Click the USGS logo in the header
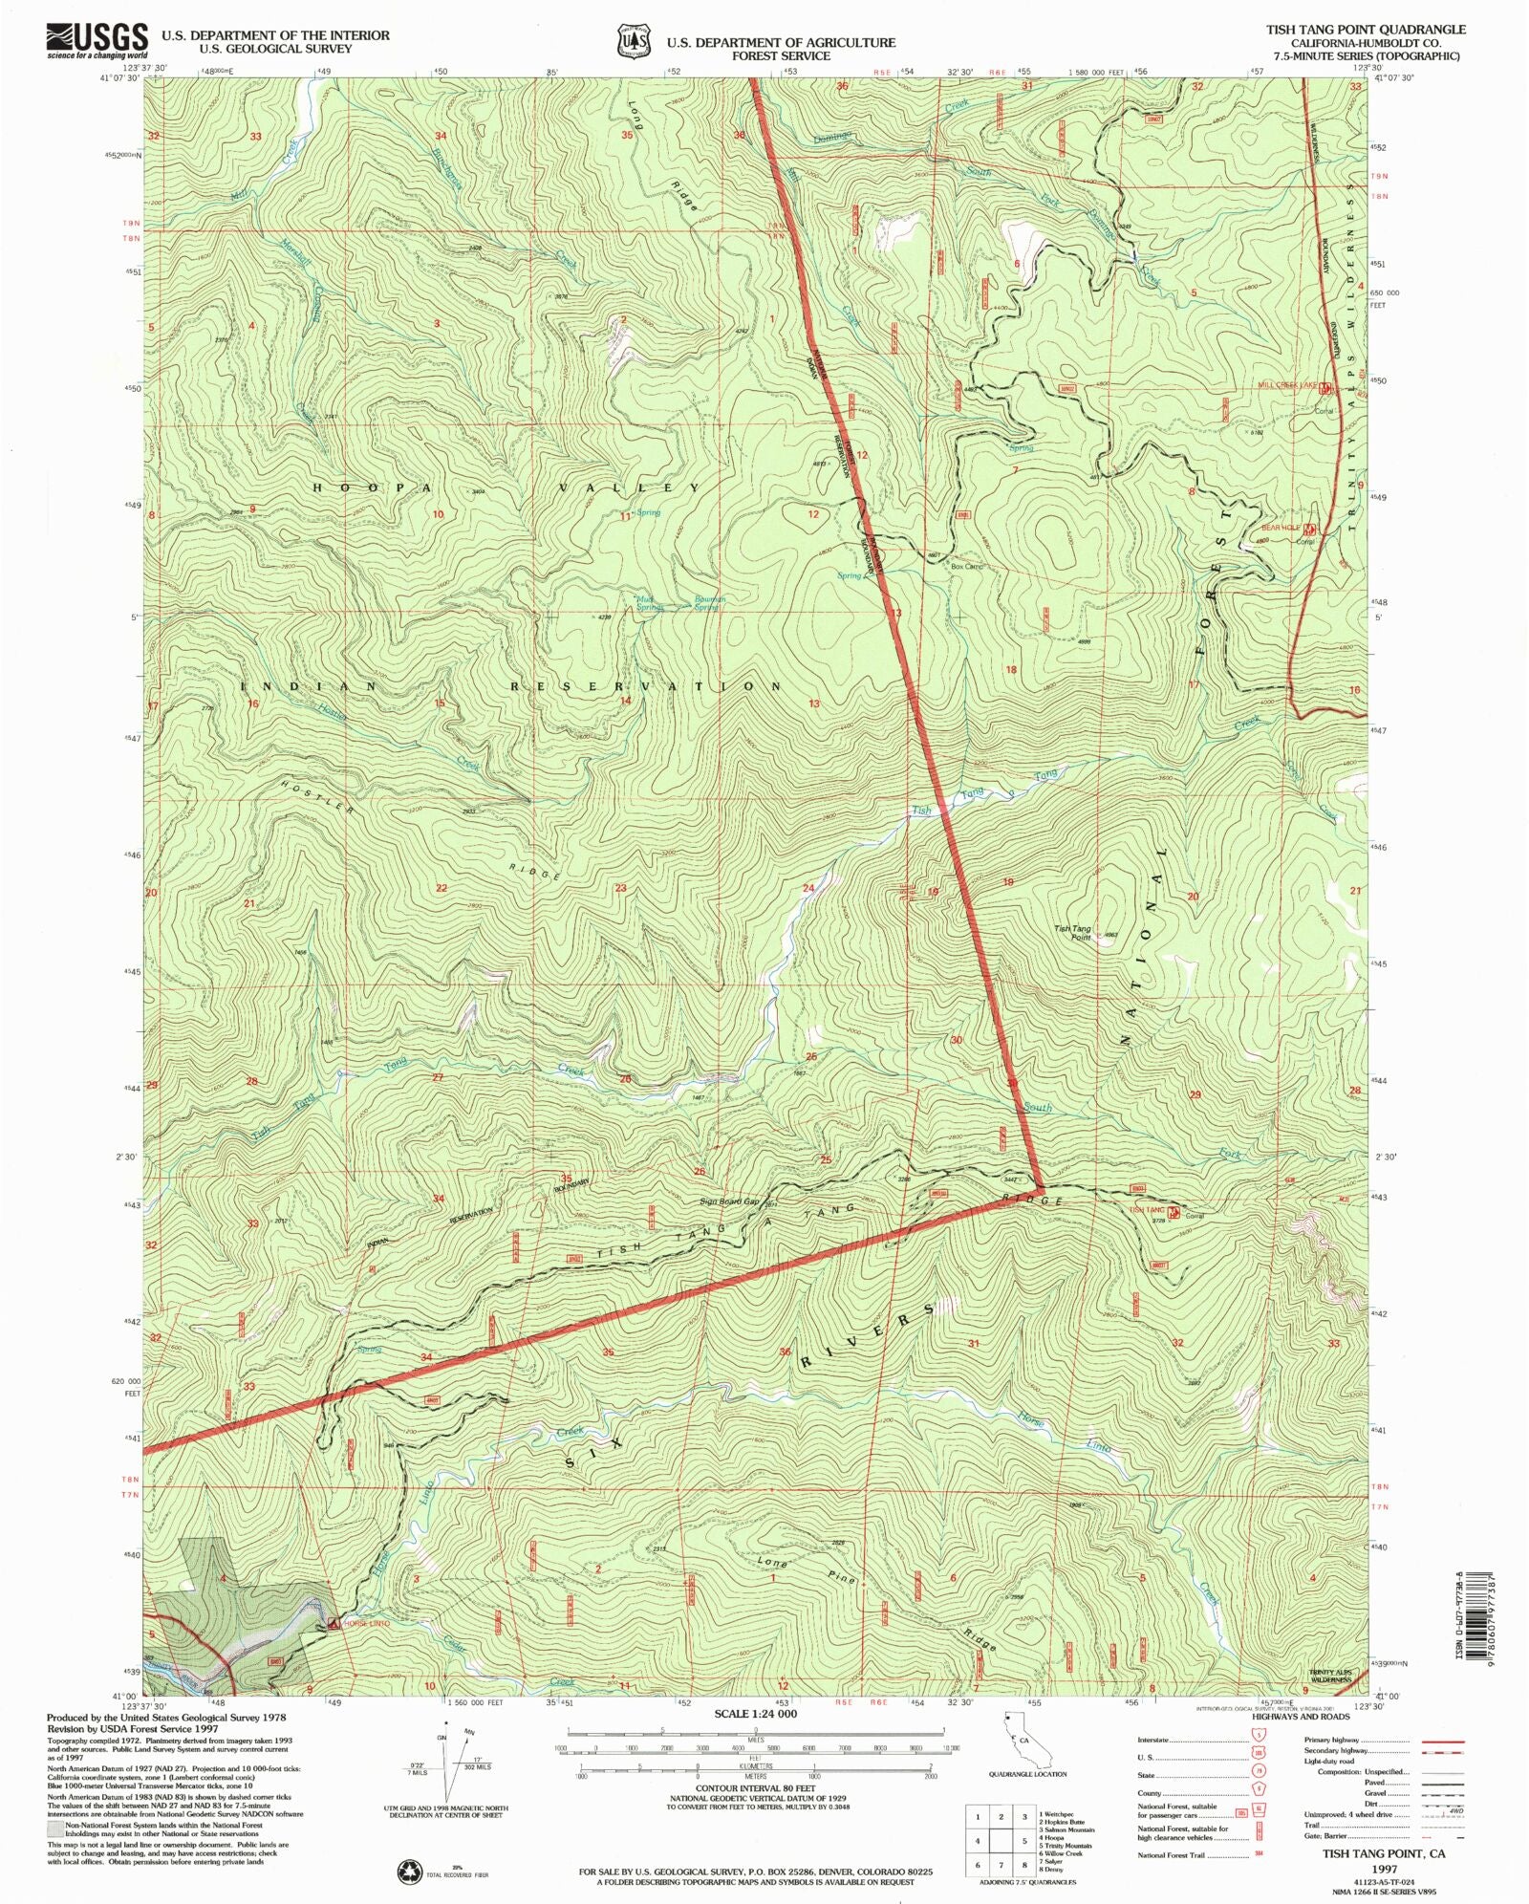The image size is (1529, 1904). (x=97, y=40)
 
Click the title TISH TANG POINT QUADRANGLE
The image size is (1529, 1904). (x=1366, y=30)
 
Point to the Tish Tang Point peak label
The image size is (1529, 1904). (x=1072, y=932)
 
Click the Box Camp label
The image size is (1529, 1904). (x=966, y=567)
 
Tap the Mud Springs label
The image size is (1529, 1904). (x=649, y=603)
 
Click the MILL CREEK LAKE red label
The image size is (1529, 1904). (x=1286, y=385)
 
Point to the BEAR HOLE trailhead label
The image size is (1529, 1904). (x=1281, y=528)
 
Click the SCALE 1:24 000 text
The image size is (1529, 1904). (x=755, y=1714)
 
